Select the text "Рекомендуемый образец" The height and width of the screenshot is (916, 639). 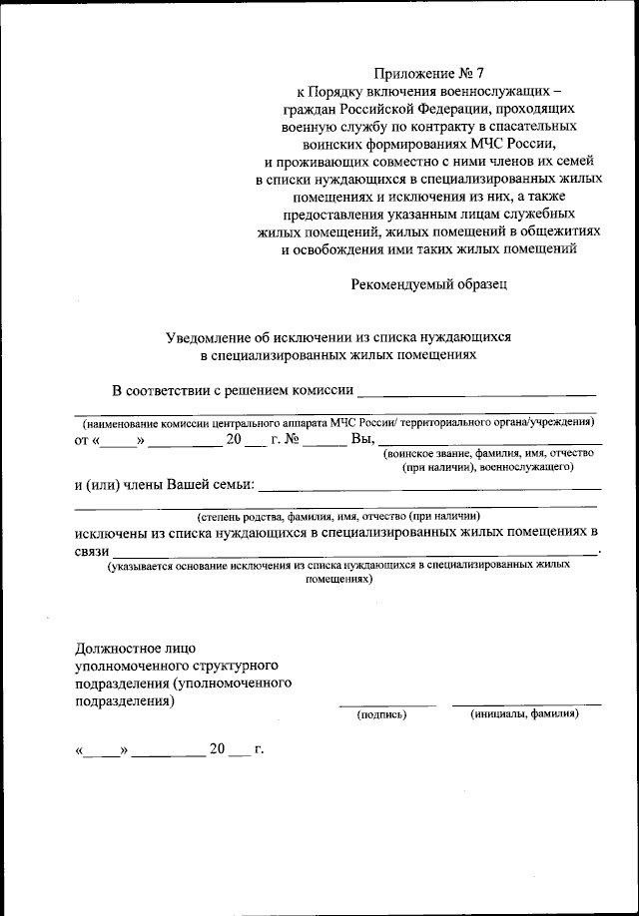point(429,284)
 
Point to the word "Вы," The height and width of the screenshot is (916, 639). point(362,439)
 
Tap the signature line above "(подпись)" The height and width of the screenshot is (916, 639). point(385,704)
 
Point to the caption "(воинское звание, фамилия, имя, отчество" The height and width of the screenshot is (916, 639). point(488,454)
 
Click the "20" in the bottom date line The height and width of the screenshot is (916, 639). point(218,749)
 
